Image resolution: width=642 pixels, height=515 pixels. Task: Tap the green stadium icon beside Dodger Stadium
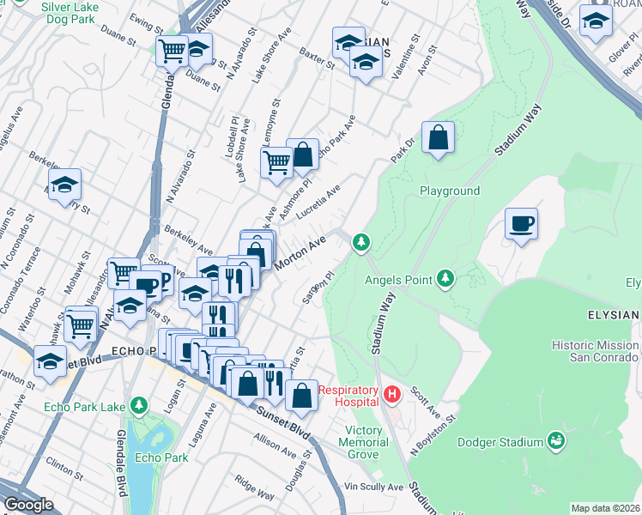click(556, 441)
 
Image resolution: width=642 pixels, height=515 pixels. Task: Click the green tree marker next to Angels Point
click(445, 277)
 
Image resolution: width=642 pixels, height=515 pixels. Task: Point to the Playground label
click(449, 191)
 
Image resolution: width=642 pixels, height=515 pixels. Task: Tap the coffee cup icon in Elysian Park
click(521, 225)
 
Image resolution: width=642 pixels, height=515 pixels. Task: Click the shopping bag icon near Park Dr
click(438, 137)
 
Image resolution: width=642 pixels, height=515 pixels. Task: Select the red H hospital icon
click(392, 395)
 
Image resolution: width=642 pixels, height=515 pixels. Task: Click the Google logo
click(28, 505)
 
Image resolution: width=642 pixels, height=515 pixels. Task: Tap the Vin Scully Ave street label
click(373, 487)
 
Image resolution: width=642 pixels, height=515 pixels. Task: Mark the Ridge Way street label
click(255, 494)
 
